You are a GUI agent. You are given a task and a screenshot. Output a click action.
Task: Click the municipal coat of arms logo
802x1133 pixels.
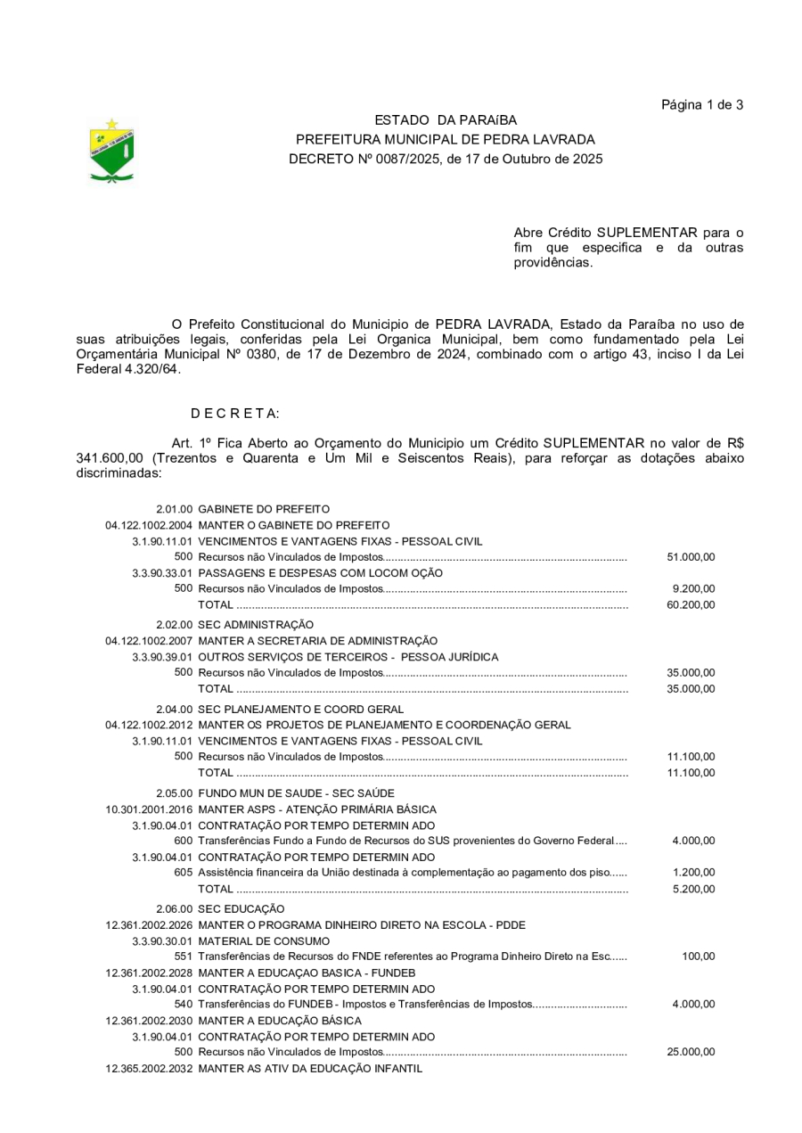(111, 151)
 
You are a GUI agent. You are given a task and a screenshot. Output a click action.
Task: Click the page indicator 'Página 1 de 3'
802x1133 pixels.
(702, 105)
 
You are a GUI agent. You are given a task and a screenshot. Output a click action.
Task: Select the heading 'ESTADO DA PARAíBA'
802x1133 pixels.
(445, 120)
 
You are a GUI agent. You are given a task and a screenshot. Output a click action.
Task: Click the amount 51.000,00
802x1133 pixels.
(691, 557)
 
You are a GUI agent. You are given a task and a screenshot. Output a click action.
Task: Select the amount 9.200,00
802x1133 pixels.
(694, 589)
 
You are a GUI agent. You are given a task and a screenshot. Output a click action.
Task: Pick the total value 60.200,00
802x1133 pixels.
(691, 605)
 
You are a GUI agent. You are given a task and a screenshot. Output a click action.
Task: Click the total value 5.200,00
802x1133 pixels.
(694, 889)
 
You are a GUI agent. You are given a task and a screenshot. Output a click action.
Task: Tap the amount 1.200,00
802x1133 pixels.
(694, 873)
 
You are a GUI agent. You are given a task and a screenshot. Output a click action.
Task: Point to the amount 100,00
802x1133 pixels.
(699, 956)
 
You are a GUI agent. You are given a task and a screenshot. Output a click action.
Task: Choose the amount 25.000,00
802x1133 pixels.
(691, 1052)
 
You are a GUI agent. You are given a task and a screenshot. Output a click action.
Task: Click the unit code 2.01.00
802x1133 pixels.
(175, 509)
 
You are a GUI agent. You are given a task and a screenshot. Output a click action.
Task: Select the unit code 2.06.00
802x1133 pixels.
(175, 908)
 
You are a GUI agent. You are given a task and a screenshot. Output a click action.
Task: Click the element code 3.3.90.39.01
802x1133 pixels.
(162, 657)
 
